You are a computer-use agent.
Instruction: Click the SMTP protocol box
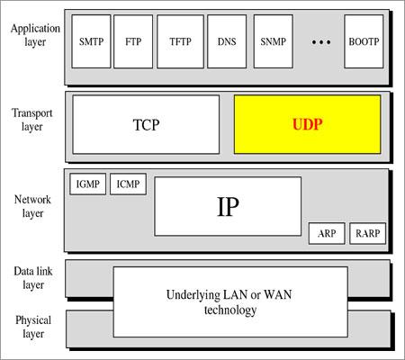coord(92,40)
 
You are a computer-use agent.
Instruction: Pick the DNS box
coord(227,40)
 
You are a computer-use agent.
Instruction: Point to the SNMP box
coord(273,40)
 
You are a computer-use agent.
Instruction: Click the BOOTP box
coord(364,40)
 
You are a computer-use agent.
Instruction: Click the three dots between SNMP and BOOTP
coord(319,42)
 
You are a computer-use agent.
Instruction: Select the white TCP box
coord(146,124)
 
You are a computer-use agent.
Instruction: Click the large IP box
coord(228,205)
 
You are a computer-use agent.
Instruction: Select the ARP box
coord(326,233)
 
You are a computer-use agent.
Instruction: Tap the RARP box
coord(367,233)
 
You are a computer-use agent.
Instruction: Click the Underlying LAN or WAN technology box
coord(225,301)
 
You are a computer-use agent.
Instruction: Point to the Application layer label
coord(34,34)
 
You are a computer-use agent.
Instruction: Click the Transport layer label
coord(32,119)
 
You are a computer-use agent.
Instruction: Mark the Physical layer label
coord(32,326)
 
